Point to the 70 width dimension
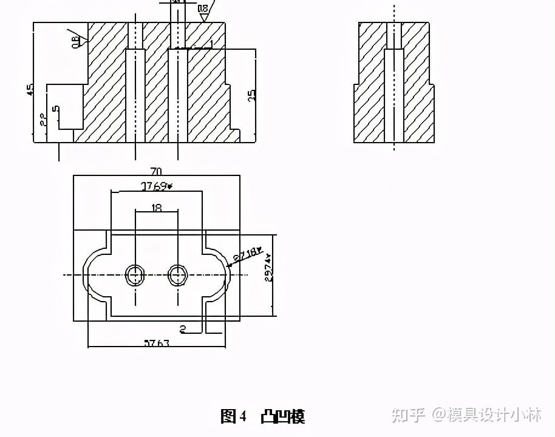(156, 171)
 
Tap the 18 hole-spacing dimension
(157, 208)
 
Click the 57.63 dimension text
(156, 344)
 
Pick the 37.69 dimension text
(156, 186)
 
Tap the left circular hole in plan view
(135, 275)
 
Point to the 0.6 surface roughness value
(75, 41)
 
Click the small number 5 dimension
(56, 109)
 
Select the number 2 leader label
(182, 330)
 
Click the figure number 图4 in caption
(233, 416)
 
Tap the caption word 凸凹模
(282, 416)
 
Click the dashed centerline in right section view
(394, 85)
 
